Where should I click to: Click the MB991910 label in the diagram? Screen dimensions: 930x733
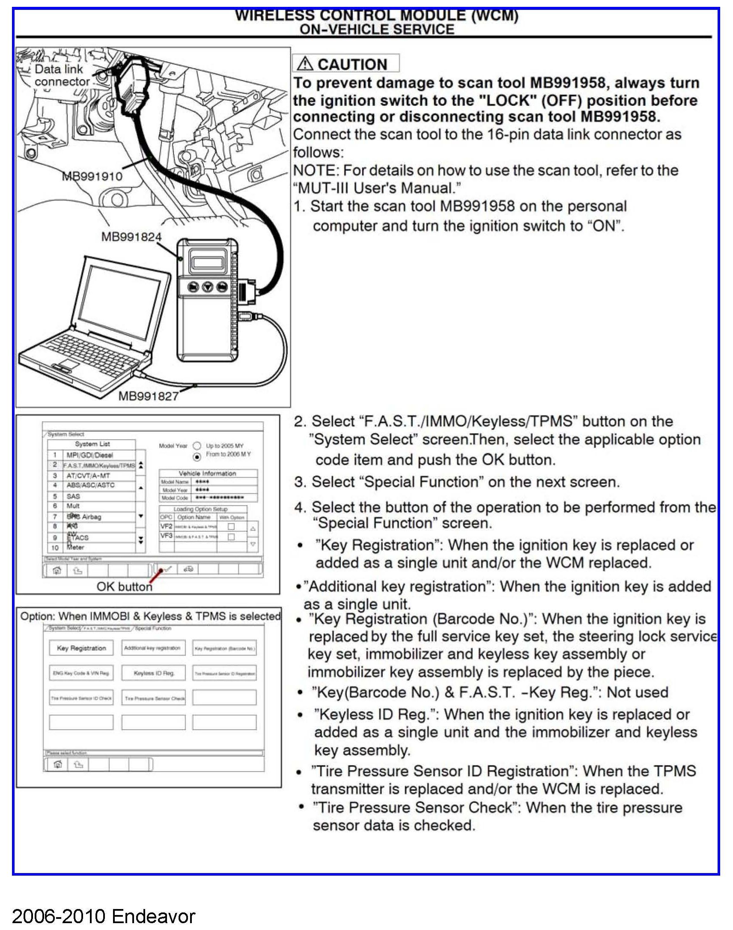(x=92, y=176)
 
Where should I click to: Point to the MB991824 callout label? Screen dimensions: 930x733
(x=131, y=236)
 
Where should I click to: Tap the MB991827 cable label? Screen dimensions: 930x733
(x=148, y=396)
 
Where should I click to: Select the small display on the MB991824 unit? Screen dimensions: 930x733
(x=208, y=261)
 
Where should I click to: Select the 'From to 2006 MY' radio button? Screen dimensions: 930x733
(x=197, y=456)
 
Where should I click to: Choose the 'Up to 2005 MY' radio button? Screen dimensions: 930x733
(x=197, y=446)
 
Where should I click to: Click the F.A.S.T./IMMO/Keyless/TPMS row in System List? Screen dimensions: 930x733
(x=99, y=465)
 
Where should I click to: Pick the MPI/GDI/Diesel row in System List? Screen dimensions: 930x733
(x=89, y=455)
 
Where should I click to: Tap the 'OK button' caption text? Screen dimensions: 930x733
(x=124, y=586)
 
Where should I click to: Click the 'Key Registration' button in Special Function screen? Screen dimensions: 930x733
(x=81, y=648)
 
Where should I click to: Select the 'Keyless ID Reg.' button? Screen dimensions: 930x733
(x=154, y=673)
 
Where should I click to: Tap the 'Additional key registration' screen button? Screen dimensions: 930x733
(x=152, y=648)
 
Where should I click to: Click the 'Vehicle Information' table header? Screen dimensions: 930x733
(x=207, y=474)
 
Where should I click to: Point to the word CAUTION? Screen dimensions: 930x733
(x=352, y=64)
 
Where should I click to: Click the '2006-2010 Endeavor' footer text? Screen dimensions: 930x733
(x=104, y=916)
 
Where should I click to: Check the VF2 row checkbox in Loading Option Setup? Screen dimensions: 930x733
(x=231, y=527)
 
